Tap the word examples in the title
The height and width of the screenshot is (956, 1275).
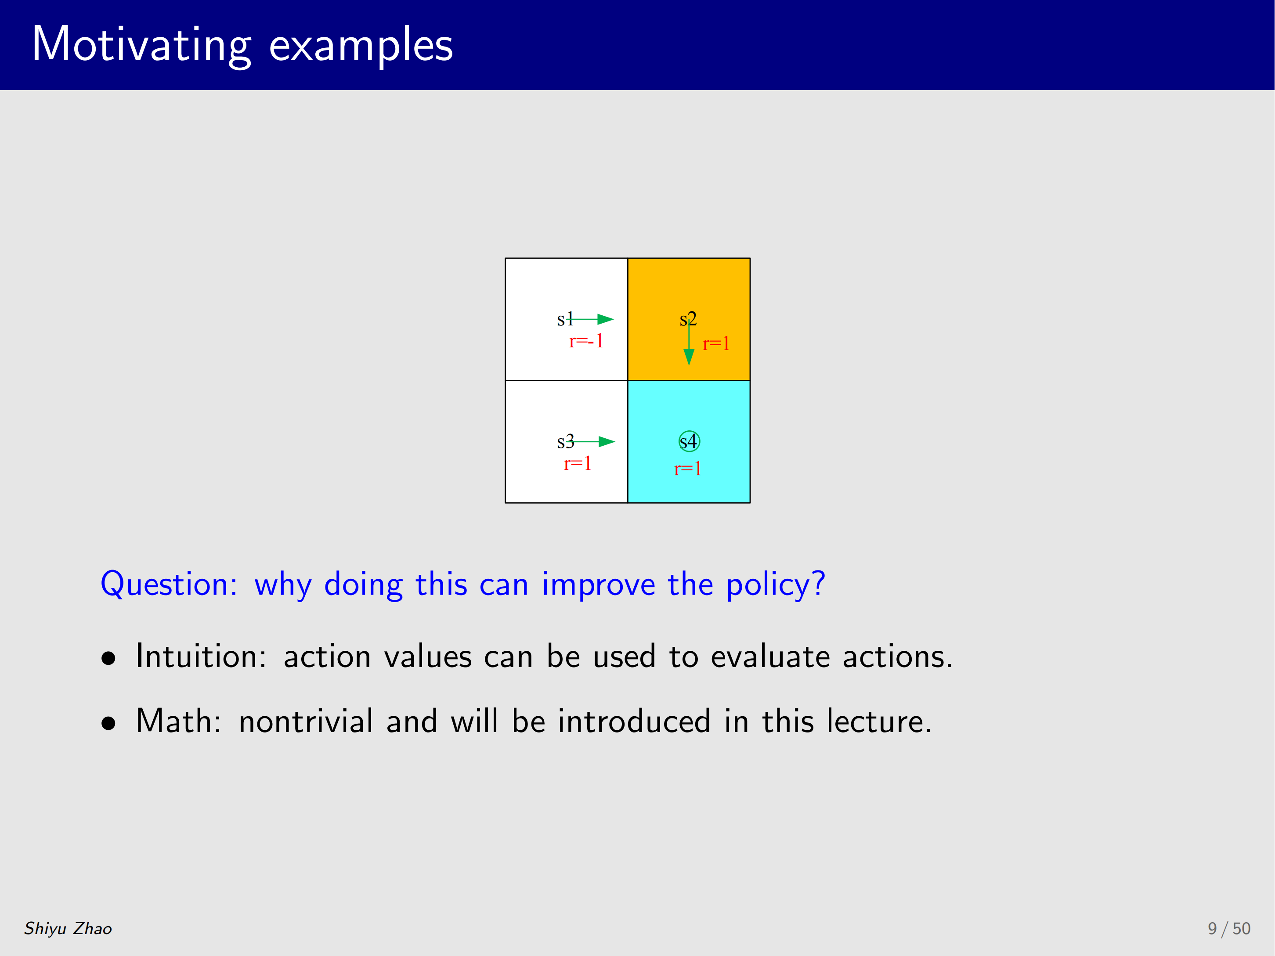pyautogui.click(x=361, y=46)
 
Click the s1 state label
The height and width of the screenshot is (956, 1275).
pyautogui.click(x=565, y=319)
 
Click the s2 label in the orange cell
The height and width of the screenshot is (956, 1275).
pyautogui.click(x=688, y=319)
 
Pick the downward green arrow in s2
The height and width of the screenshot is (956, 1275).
pyautogui.click(x=689, y=342)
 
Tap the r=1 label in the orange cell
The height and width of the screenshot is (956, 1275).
pyautogui.click(x=716, y=344)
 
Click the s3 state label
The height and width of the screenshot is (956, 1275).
pyautogui.click(x=565, y=442)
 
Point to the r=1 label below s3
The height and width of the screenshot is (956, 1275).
pyautogui.click(x=578, y=463)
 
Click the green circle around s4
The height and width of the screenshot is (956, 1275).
pyautogui.click(x=690, y=432)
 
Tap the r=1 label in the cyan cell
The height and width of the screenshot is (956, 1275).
pyautogui.click(x=688, y=469)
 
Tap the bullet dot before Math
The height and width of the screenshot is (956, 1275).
pyautogui.click(x=108, y=723)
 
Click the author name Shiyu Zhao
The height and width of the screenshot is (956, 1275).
pyautogui.click(x=68, y=928)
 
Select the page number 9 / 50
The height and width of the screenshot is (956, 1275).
pyautogui.click(x=1229, y=928)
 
